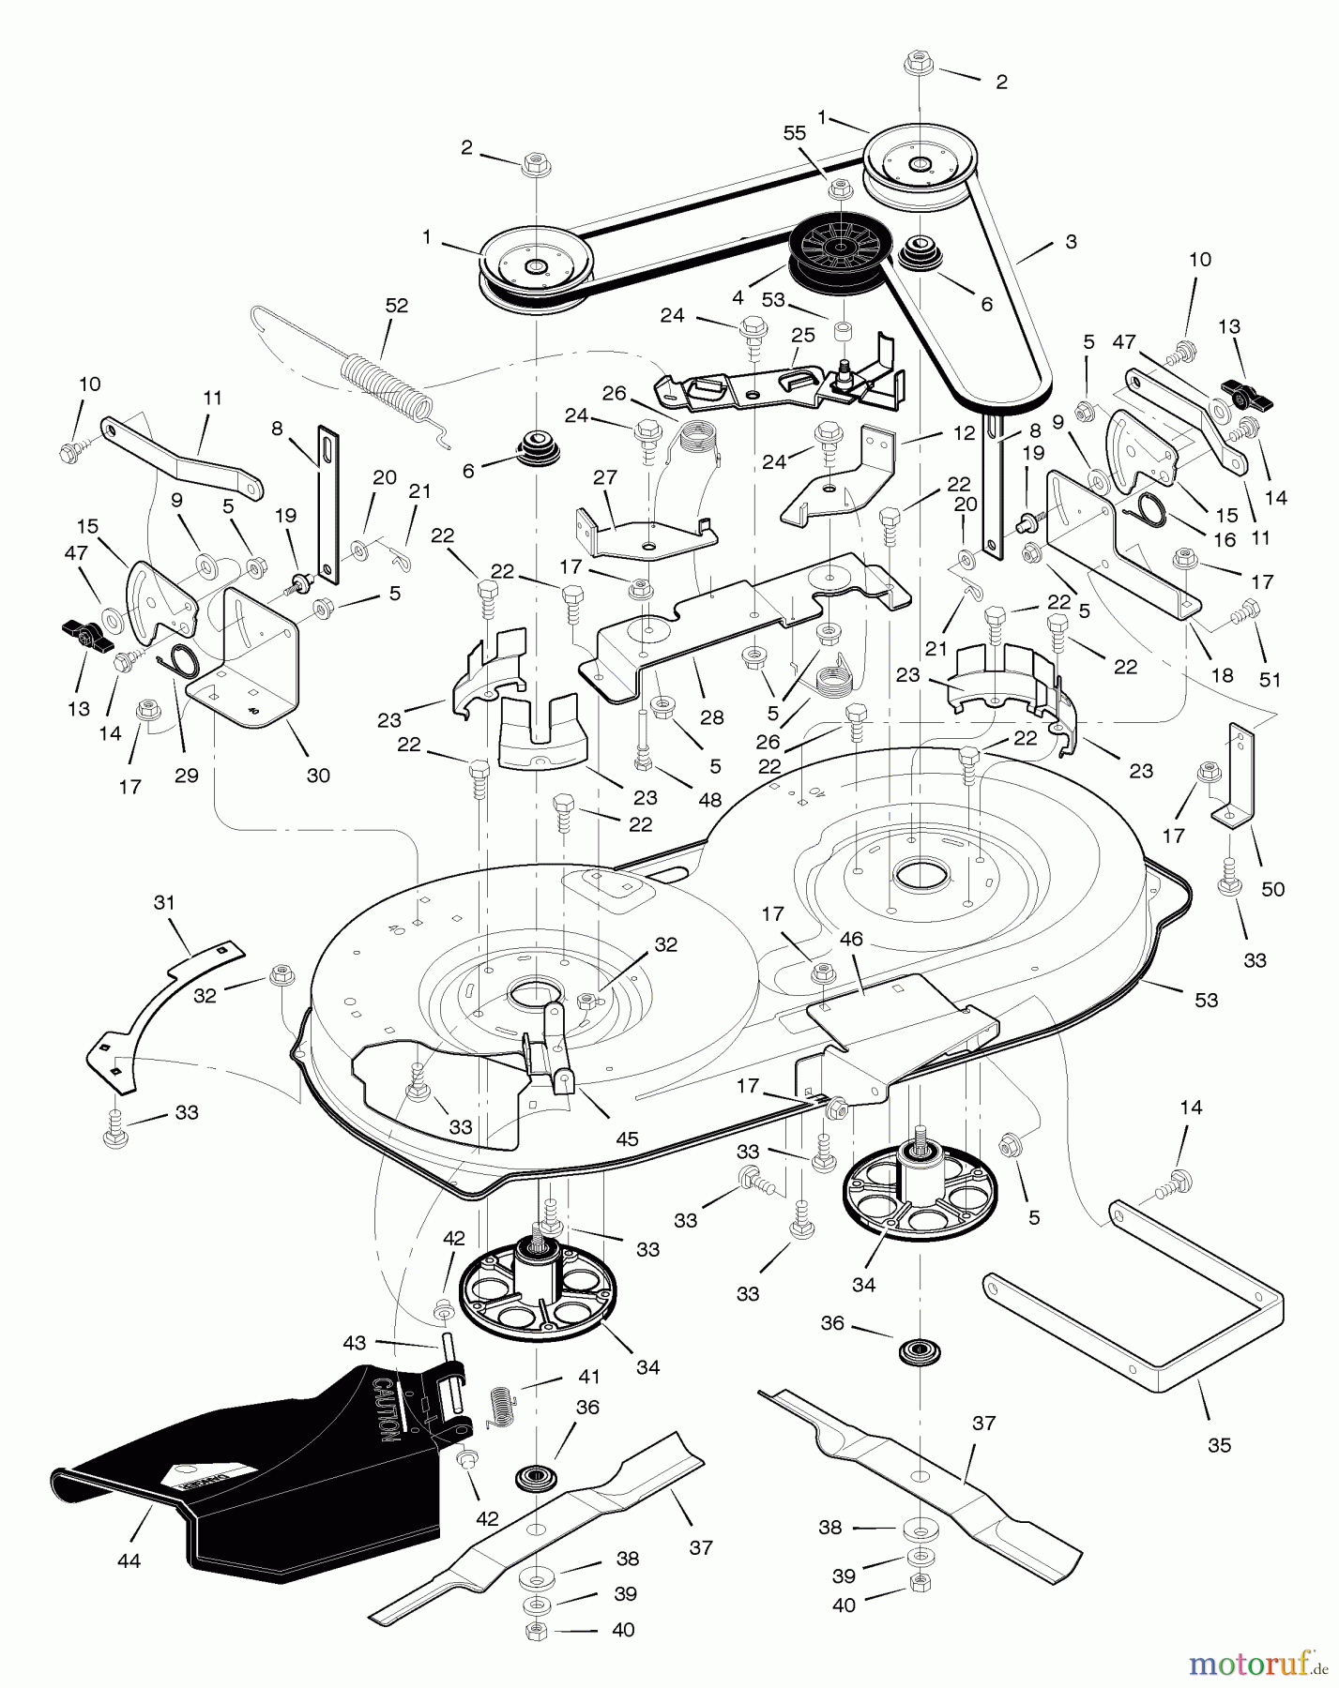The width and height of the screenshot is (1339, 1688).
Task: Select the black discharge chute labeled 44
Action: click(253, 1472)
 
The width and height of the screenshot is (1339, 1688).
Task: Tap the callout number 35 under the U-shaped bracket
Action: click(1219, 1445)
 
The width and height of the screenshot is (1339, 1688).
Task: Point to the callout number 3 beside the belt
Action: click(1071, 241)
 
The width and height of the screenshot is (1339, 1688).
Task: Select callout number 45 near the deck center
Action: click(626, 1139)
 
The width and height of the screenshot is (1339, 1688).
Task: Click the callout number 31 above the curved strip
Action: click(164, 903)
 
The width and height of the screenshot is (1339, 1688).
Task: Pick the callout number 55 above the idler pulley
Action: click(794, 133)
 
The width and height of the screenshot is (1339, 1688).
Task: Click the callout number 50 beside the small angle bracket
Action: click(1272, 889)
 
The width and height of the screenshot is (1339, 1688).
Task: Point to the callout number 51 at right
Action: click(1270, 680)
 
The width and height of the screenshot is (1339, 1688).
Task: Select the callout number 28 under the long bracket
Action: click(711, 717)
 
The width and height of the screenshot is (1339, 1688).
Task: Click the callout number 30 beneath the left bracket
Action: click(318, 776)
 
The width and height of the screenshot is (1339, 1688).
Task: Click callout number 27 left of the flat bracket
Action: click(605, 478)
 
